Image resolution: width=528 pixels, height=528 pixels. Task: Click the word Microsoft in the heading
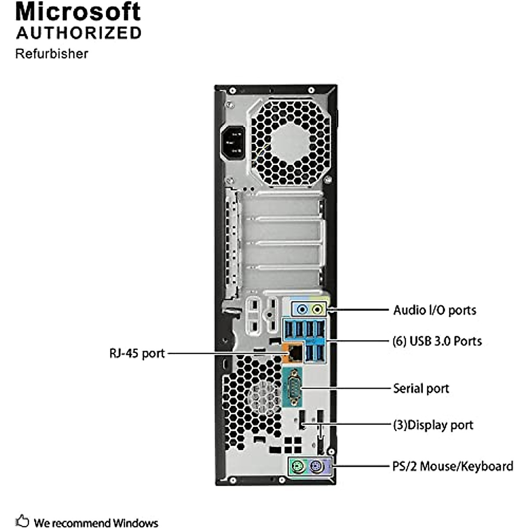point(78,12)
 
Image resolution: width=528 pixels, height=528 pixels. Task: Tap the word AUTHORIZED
point(79,33)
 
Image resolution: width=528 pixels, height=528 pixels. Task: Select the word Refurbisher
point(51,54)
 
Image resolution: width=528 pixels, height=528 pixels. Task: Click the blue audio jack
point(301,309)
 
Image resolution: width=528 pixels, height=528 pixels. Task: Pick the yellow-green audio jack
point(317,309)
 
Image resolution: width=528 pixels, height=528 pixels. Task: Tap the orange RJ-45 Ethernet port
point(293,352)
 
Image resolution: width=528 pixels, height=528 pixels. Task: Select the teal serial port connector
point(293,388)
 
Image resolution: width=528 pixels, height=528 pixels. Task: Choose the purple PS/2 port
point(315,466)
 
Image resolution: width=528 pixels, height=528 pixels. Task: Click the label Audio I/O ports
point(434,310)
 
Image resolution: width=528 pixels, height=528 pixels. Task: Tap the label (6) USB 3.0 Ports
point(437,341)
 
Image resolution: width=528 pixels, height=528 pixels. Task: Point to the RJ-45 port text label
point(136,353)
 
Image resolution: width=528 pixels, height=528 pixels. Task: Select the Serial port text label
point(421,389)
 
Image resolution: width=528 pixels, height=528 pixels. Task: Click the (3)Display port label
point(433,425)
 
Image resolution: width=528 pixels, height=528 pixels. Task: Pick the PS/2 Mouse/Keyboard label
point(452,466)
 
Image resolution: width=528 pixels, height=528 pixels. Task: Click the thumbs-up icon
point(22,521)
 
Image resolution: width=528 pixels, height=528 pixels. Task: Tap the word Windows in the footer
point(135,523)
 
